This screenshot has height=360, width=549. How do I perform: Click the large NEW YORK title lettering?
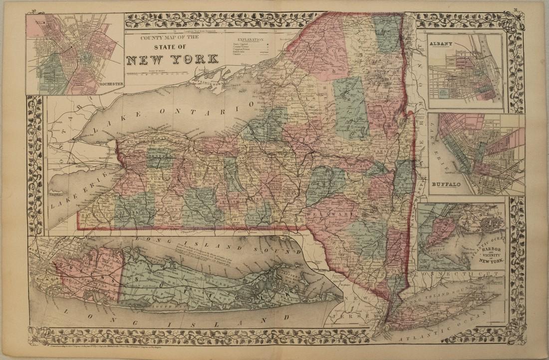click(x=172, y=59)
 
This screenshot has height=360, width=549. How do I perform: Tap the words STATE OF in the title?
click(x=173, y=47)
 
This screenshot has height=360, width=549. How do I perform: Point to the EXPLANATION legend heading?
click(x=251, y=38)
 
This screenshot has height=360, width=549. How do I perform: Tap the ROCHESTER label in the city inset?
click(x=111, y=84)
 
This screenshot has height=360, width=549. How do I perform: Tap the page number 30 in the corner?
click(x=33, y=10)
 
